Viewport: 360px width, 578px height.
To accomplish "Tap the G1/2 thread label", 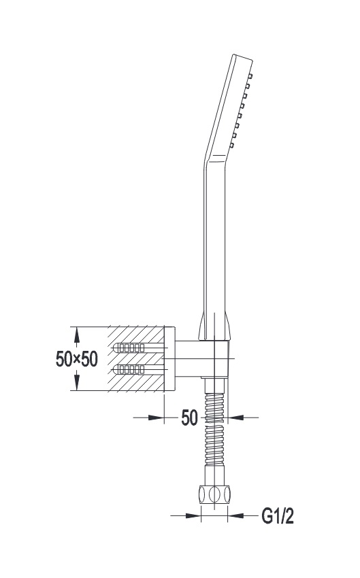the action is tap(278, 516).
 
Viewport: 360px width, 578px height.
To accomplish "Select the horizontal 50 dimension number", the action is tap(189, 418).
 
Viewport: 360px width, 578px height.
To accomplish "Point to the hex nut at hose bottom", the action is tap(214, 494).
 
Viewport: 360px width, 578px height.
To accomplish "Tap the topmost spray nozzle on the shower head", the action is tap(250, 76).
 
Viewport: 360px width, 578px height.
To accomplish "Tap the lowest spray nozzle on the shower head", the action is tap(231, 146).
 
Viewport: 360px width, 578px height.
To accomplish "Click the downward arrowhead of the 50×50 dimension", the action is tap(77, 382).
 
